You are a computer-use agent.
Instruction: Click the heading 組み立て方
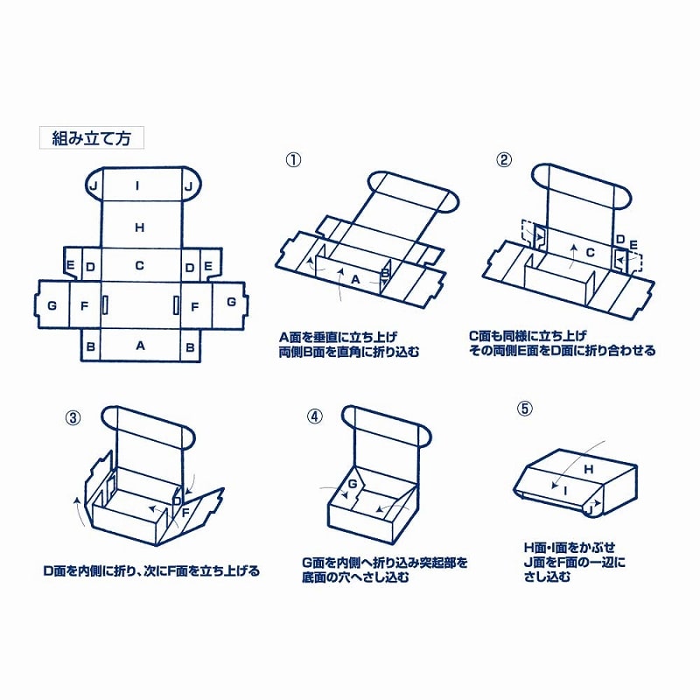[91, 137]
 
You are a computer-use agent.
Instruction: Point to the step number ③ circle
[73, 417]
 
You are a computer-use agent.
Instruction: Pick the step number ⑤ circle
[525, 407]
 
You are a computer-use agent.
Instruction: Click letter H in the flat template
[139, 227]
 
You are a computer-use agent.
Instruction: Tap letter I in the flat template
[137, 185]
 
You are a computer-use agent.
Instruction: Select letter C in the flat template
[139, 265]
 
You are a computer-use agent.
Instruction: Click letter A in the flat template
[139, 346]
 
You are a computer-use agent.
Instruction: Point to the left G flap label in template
[52, 304]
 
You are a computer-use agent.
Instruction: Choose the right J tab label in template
[188, 185]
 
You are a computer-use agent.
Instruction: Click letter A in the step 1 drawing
[355, 278]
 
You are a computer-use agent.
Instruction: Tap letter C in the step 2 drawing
[589, 252]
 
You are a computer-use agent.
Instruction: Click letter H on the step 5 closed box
[589, 469]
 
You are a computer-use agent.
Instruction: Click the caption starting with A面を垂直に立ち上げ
[337, 336]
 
